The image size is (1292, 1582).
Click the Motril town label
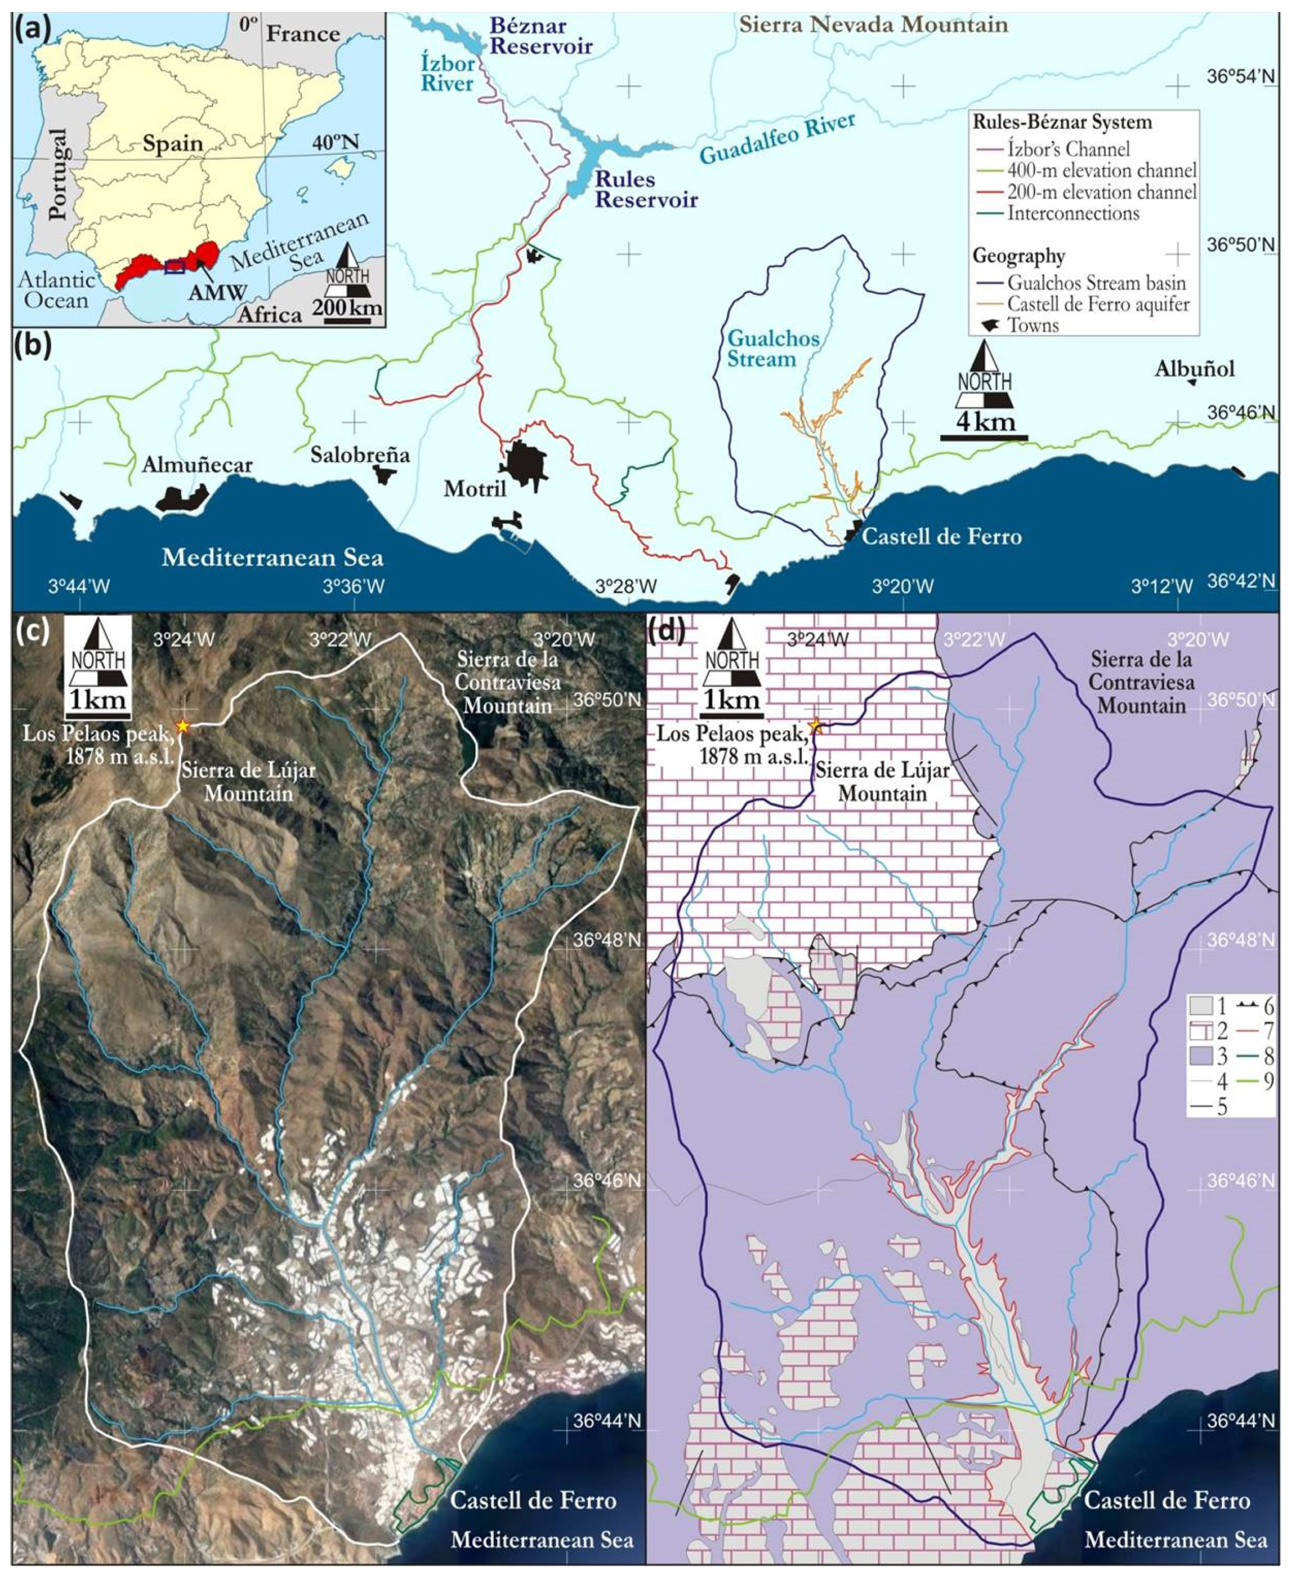[474, 489]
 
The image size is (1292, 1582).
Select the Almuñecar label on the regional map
[197, 465]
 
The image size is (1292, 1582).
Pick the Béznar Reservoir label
[540, 36]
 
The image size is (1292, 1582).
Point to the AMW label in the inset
[217, 292]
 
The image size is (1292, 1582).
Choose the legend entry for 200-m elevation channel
[1101, 192]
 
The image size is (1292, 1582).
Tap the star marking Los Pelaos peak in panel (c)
[182, 725]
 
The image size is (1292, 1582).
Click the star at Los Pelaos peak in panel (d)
[816, 725]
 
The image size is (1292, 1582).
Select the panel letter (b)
[33, 347]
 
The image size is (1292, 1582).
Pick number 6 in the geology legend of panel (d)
[1267, 1007]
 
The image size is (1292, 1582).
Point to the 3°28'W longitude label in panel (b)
[627, 587]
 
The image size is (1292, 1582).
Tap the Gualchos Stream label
[773, 349]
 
